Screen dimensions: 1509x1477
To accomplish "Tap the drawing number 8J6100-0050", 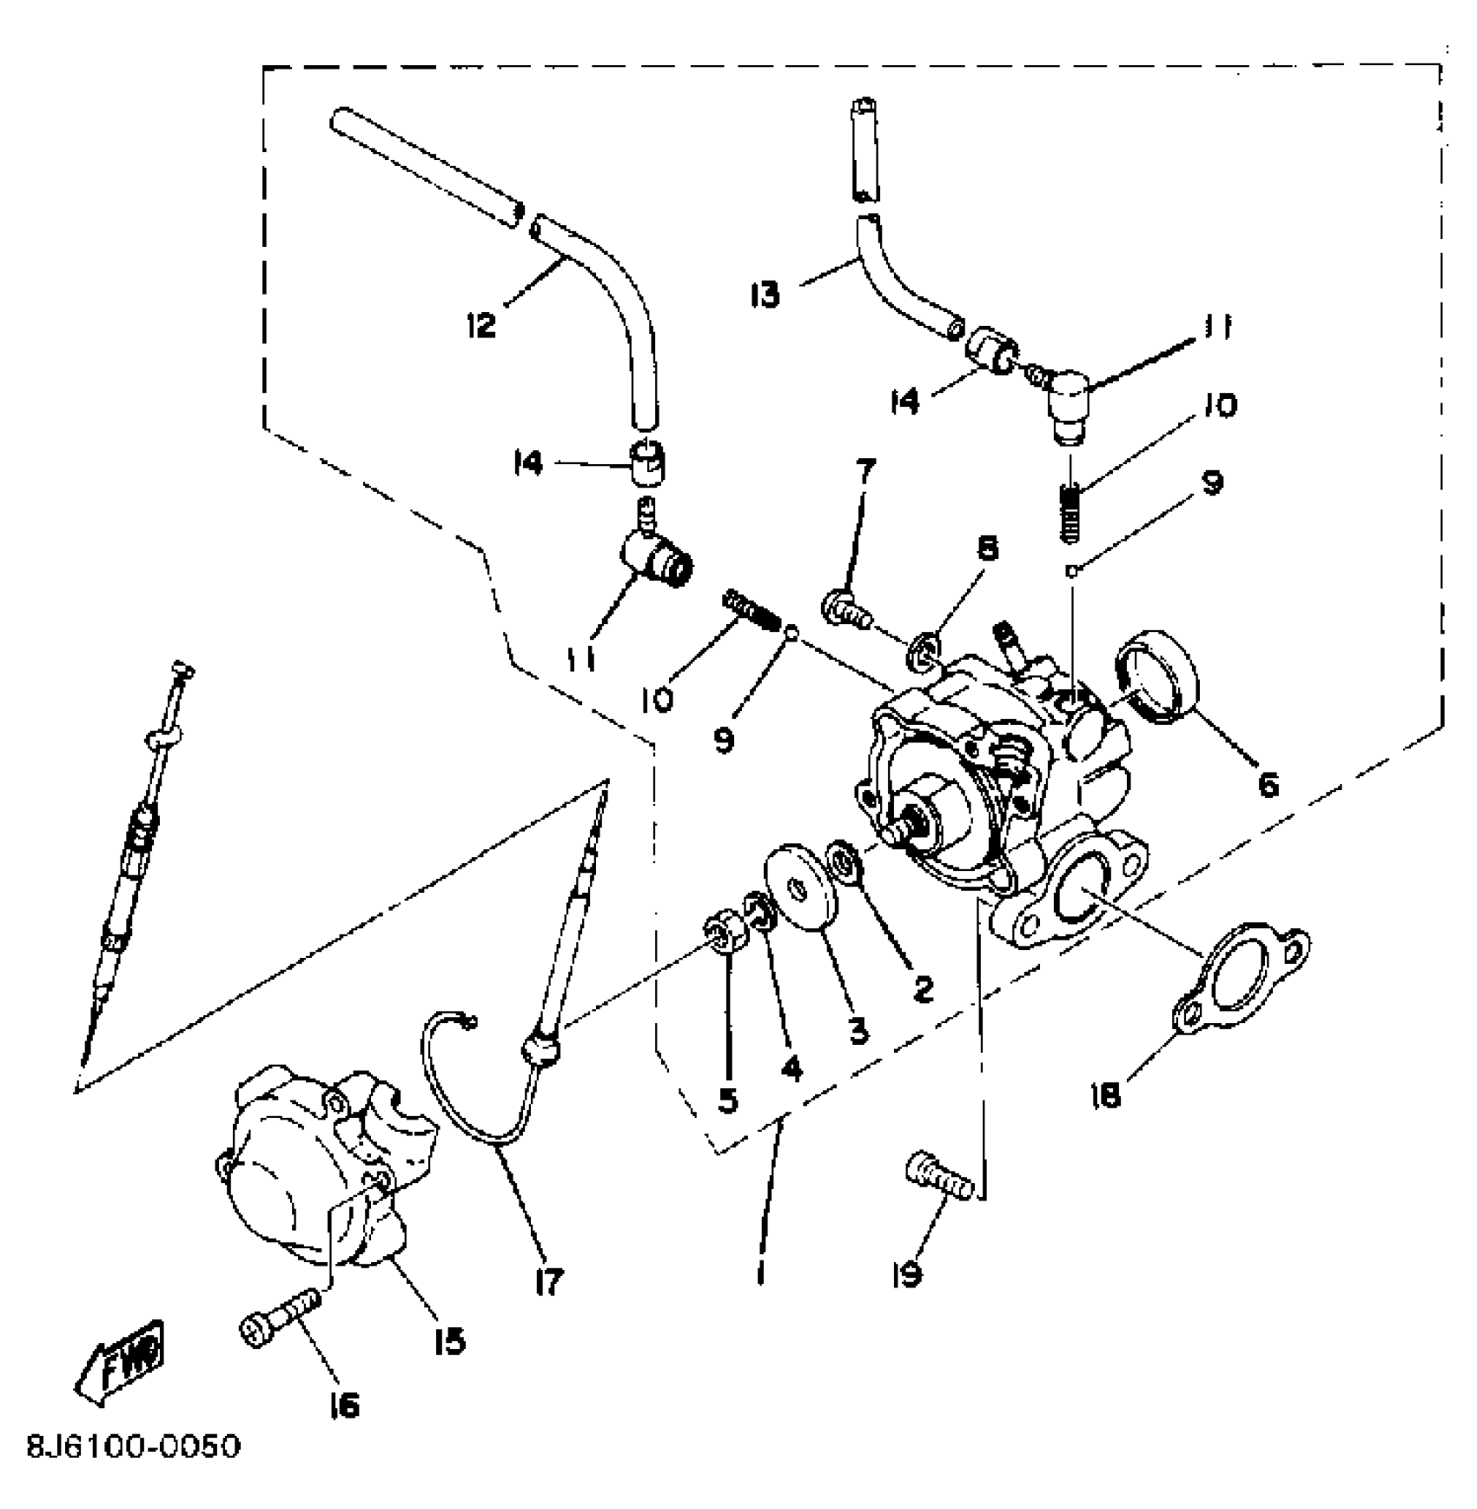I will point(133,1447).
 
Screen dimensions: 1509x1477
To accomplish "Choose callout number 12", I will point(480,326).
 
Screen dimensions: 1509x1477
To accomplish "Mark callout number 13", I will point(765,294).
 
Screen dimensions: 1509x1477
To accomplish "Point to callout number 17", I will point(549,1281).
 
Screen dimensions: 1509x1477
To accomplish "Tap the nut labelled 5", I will point(722,943).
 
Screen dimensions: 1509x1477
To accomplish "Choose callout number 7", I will point(864,472).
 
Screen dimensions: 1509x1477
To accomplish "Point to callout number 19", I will point(907,1275).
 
